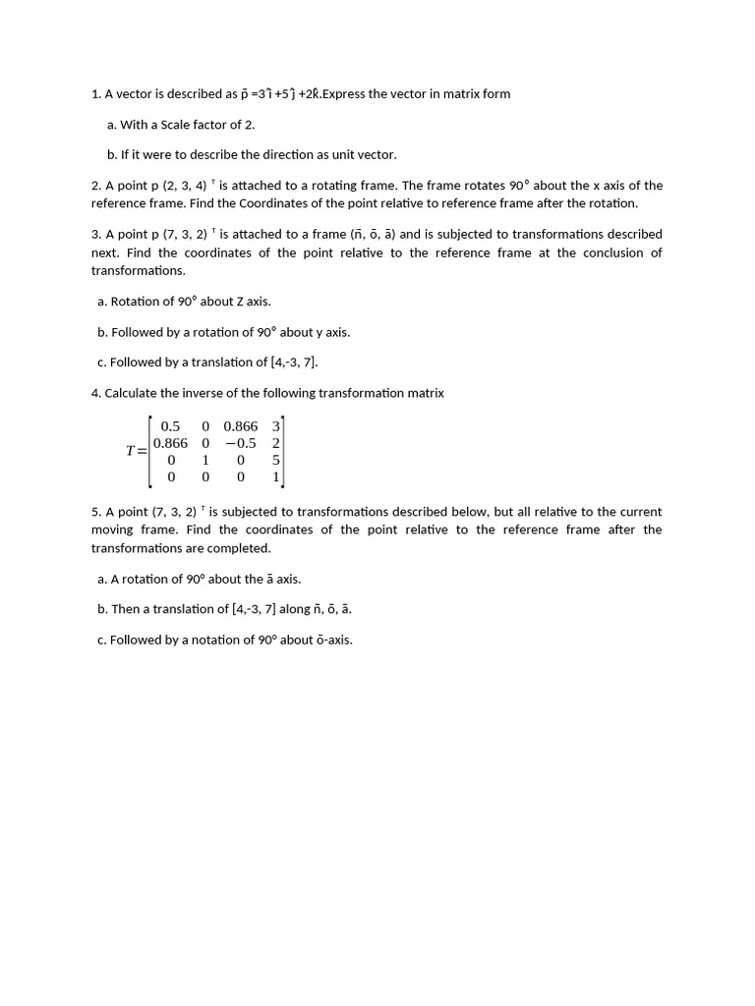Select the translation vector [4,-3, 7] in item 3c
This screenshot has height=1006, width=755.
[293, 363]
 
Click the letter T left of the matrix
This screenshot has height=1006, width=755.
[131, 451]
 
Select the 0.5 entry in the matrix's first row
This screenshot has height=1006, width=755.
[170, 426]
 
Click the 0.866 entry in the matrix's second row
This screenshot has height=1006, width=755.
[170, 443]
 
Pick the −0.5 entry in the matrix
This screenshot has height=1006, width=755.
[240, 443]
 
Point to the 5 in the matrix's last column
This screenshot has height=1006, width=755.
[276, 460]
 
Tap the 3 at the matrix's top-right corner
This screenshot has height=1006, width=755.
[276, 426]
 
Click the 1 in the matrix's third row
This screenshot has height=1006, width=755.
[204, 460]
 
